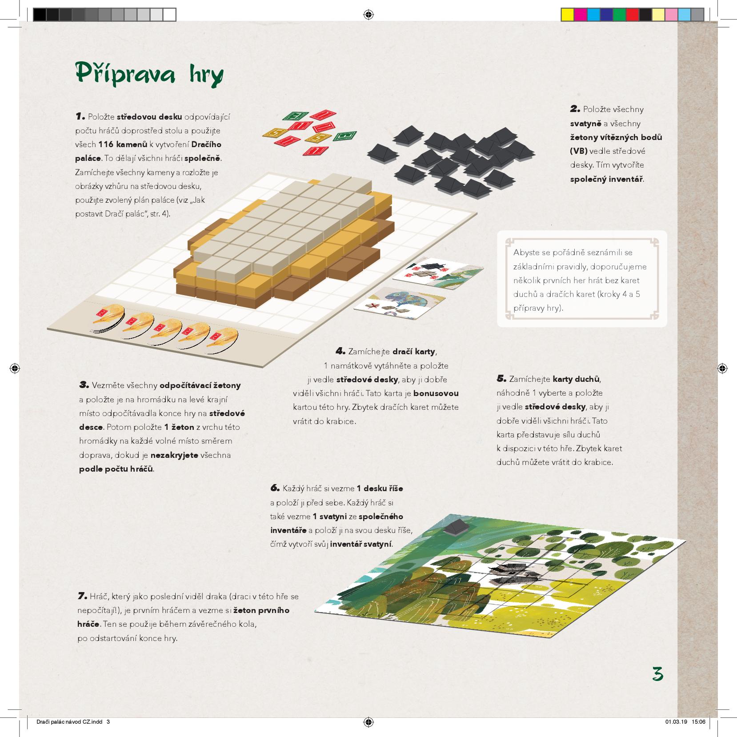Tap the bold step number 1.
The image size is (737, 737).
pyautogui.click(x=80, y=116)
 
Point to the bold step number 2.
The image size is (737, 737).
pyautogui.click(x=575, y=109)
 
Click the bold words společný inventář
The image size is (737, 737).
pyautogui.click(x=607, y=179)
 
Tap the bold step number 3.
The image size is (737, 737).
pyautogui.click(x=84, y=385)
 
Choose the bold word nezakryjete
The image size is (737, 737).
pyautogui.click(x=174, y=455)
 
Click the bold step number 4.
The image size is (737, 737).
pyautogui.click(x=340, y=351)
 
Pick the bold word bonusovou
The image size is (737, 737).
pyautogui.click(x=436, y=393)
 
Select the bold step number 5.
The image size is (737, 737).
pyautogui.click(x=501, y=379)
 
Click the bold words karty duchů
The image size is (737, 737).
pyautogui.click(x=577, y=379)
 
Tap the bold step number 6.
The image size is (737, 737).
pyautogui.click(x=275, y=488)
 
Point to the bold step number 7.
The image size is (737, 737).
pyautogui.click(x=82, y=596)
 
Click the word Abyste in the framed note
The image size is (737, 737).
pyautogui.click(x=526, y=252)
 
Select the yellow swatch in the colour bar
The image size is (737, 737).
pyautogui.click(x=568, y=15)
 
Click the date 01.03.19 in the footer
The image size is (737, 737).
pyautogui.click(x=676, y=721)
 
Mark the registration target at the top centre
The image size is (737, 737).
pyautogui.click(x=368, y=15)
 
